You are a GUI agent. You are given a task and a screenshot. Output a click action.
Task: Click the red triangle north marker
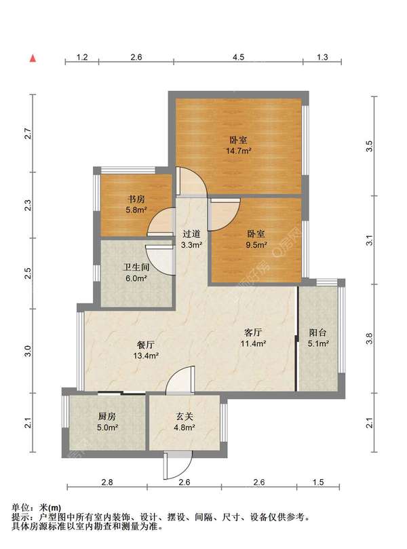pyautogui.click(x=33, y=58)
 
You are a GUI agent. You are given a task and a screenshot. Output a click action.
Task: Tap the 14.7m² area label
pyautogui.click(x=239, y=151)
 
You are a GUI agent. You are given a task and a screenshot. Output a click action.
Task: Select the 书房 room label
pyautogui.click(x=136, y=200)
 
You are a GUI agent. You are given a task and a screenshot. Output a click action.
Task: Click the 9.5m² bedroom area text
pyautogui.click(x=256, y=245)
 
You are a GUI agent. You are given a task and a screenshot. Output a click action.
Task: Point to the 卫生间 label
pyautogui.click(x=136, y=267)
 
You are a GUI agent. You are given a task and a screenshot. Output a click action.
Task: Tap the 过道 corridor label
pyautogui.click(x=191, y=233)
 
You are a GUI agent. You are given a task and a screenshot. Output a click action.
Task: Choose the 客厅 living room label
pyautogui.click(x=252, y=333)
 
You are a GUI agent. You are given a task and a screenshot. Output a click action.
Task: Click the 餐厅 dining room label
pyautogui.click(x=146, y=345)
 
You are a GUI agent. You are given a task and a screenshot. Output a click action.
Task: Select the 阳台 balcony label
pyautogui.click(x=317, y=333)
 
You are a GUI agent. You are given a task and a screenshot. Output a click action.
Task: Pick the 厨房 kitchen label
pyautogui.click(x=106, y=416)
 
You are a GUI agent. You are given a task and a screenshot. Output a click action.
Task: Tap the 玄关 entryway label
pyautogui.click(x=185, y=416)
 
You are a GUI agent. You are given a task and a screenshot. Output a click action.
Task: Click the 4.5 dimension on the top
pyautogui.click(x=238, y=57)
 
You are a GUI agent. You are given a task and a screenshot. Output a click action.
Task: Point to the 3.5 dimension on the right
pyautogui.click(x=369, y=146)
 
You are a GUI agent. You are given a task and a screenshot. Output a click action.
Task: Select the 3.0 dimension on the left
pyautogui.click(x=28, y=351)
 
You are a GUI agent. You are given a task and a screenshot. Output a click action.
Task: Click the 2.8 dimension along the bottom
pyautogui.click(x=107, y=482)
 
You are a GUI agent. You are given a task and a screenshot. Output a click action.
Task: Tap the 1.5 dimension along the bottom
pyautogui.click(x=317, y=482)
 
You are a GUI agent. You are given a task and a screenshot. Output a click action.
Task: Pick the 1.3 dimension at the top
pyautogui.click(x=322, y=57)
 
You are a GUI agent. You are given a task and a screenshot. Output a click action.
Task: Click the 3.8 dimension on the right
pyautogui.click(x=369, y=339)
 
